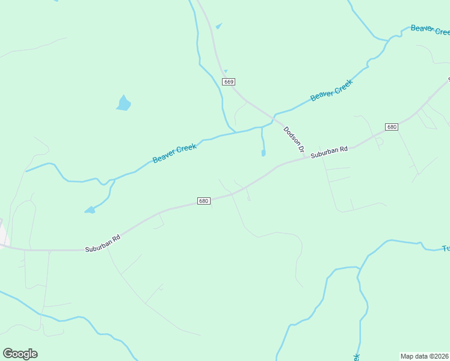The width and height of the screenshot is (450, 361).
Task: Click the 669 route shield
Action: click(228, 81)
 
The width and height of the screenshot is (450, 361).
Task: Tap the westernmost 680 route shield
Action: click(203, 200)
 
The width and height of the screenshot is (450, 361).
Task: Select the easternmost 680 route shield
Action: click(392, 127)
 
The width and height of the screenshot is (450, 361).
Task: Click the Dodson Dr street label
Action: click(294, 139)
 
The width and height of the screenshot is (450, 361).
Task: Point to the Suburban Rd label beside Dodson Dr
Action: click(330, 152)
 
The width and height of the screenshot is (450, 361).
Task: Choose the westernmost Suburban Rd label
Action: click(103, 242)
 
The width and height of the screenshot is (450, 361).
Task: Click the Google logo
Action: click(20, 354)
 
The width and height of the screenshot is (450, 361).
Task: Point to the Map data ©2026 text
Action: click(425, 356)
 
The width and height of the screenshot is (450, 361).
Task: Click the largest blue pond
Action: click(123, 103)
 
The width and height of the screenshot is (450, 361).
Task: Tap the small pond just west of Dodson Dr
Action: click(264, 153)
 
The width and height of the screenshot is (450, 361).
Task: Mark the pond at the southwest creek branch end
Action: click(90, 210)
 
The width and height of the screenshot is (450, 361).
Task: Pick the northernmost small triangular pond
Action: click(218, 26)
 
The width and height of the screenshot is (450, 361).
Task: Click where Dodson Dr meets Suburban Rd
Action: click(309, 157)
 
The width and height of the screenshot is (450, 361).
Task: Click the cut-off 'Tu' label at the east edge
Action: click(446, 248)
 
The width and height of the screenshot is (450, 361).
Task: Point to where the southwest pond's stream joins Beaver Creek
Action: click(112, 180)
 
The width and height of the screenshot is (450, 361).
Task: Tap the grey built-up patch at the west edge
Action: click(3, 232)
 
